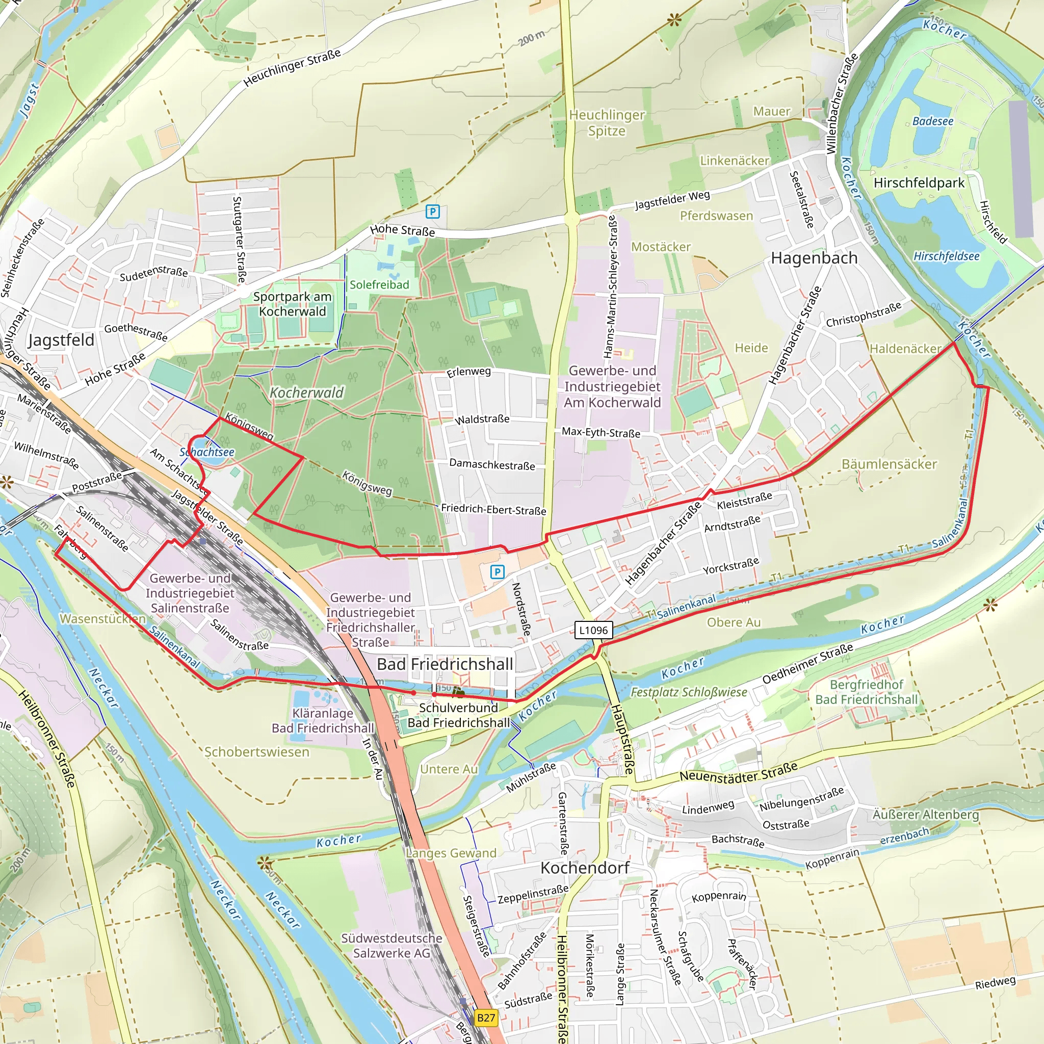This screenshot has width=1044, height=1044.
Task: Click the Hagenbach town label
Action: (814, 258)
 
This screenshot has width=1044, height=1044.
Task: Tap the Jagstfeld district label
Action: (61, 340)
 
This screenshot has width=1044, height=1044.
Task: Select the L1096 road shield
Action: (593, 630)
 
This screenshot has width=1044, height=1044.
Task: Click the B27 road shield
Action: (486, 1018)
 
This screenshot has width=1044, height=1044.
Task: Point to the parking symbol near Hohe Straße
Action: (432, 211)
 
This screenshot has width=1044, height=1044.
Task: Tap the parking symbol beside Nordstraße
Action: (497, 572)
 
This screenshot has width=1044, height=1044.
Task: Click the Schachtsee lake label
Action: (207, 452)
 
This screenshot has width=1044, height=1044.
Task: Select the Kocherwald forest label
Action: (306, 393)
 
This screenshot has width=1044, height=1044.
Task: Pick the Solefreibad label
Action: (379, 285)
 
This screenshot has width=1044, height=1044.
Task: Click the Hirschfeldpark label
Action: (919, 182)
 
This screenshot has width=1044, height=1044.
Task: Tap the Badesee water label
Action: (933, 121)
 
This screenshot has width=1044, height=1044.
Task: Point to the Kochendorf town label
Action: (585, 868)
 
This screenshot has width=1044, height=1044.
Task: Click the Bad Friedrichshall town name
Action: (445, 664)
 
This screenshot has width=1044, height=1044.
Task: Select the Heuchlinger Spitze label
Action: (607, 123)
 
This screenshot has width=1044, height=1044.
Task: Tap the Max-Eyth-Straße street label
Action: (601, 432)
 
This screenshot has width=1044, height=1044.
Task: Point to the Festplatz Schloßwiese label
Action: (689, 692)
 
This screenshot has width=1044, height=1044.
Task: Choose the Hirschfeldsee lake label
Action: (946, 256)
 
